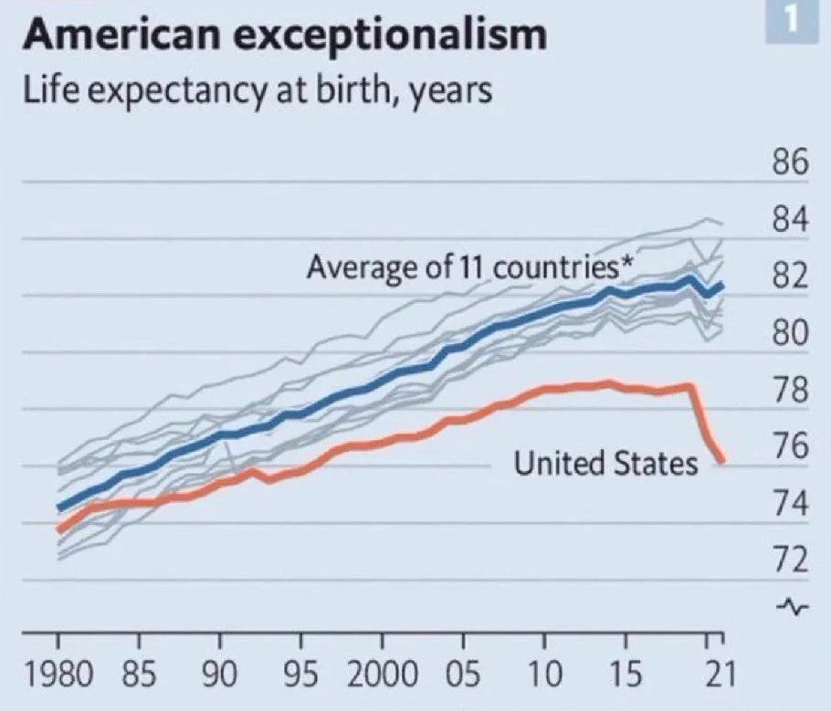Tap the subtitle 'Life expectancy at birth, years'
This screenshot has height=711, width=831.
(x=257, y=91)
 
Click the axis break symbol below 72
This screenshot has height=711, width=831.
(x=791, y=606)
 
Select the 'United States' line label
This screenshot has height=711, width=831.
(x=605, y=464)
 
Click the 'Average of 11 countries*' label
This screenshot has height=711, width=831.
(x=470, y=268)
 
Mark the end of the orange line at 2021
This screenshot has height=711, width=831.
(x=721, y=461)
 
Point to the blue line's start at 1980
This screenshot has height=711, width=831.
(x=58, y=507)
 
